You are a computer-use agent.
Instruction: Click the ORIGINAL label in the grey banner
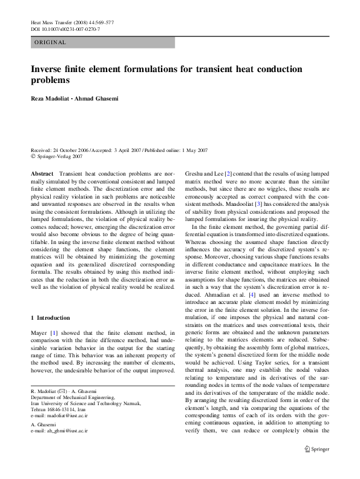50,42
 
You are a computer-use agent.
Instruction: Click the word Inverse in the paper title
49,68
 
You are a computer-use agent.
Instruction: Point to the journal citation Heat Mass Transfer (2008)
61,22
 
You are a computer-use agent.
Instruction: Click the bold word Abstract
42,174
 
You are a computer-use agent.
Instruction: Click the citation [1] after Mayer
53,332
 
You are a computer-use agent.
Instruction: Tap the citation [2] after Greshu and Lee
228,174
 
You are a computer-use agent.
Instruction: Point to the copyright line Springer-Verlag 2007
59,156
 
